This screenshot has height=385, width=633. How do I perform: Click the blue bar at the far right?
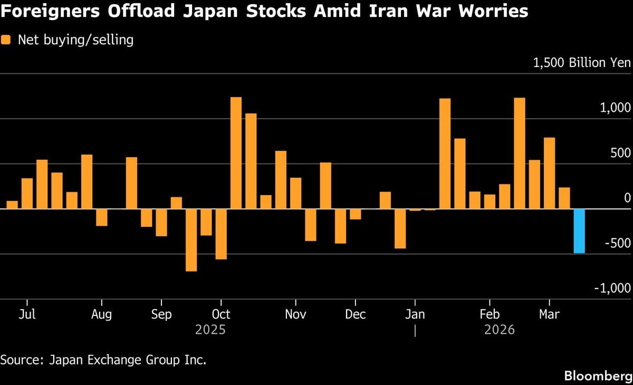pyautogui.click(x=579, y=231)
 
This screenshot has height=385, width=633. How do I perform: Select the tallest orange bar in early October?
pyautogui.click(x=236, y=153)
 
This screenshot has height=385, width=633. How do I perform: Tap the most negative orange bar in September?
pyautogui.click(x=191, y=240)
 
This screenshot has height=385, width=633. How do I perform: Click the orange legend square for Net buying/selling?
pyautogui.click(x=7, y=40)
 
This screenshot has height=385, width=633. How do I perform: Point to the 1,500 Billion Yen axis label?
pyautogui.click(x=582, y=63)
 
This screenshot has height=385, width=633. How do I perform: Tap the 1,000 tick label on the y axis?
pyautogui.click(x=615, y=108)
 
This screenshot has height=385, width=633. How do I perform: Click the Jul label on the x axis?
pyautogui.click(x=27, y=314)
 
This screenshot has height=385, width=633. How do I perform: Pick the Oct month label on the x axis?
pyautogui.click(x=220, y=314)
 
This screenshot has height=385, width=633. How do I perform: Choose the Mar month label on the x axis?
pyautogui.click(x=550, y=314)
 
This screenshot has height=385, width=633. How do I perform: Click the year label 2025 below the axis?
pyautogui.click(x=210, y=330)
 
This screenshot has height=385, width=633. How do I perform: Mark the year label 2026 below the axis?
pyautogui.click(x=499, y=330)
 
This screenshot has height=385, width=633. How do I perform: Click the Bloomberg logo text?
pyautogui.click(x=597, y=376)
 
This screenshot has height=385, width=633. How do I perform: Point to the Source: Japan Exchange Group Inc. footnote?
pyautogui.click(x=103, y=360)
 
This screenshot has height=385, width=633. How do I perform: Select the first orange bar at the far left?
pyautogui.click(x=12, y=205)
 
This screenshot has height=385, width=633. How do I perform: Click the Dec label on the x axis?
pyautogui.click(x=356, y=314)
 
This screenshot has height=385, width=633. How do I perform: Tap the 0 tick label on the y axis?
pyautogui.click(x=627, y=198)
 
